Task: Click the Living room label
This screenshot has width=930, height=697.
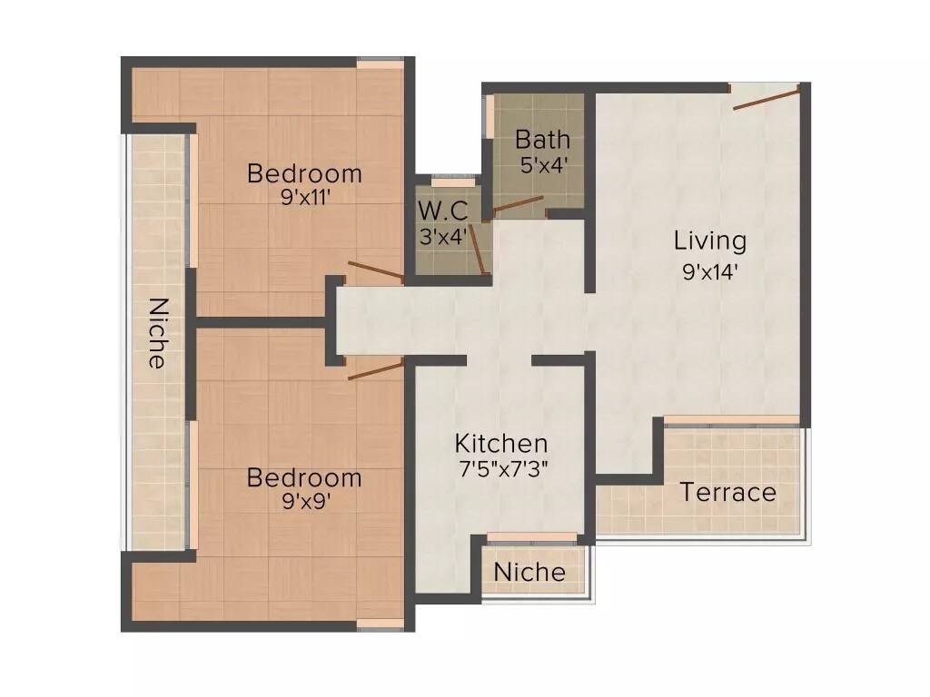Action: click(710, 241)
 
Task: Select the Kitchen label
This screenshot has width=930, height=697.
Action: click(501, 444)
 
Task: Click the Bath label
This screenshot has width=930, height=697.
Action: click(543, 140)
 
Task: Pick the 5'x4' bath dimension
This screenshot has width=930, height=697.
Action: click(543, 166)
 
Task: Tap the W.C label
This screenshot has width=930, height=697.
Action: click(442, 211)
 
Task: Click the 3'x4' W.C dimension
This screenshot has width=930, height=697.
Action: click(442, 238)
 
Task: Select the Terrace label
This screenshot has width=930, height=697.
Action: click(728, 493)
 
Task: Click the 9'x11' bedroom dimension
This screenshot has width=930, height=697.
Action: click(304, 197)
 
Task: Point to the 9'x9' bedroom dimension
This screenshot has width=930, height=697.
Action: click(304, 502)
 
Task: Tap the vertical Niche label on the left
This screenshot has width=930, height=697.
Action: click(157, 333)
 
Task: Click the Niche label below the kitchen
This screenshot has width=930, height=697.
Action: click(529, 573)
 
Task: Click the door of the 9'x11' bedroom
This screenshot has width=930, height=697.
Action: click(376, 270)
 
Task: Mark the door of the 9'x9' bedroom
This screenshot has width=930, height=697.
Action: click(376, 368)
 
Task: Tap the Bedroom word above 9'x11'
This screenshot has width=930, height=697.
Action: click(304, 172)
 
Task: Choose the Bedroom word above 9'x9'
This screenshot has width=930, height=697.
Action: click(304, 477)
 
